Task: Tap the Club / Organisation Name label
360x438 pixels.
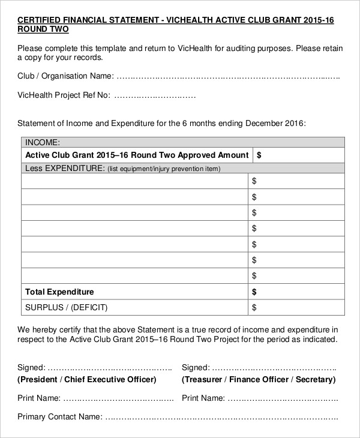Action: tap(65, 76)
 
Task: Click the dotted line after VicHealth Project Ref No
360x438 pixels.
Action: tap(155, 95)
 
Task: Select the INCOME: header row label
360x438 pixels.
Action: tap(43, 142)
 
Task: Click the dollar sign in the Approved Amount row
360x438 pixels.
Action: tap(259, 155)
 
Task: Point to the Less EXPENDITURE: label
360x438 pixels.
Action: tap(65, 169)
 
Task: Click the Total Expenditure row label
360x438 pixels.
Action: tap(59, 292)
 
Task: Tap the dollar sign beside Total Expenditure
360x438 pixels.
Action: tap(254, 292)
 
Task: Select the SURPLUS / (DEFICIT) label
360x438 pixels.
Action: tap(65, 307)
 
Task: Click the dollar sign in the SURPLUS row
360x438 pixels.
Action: tap(254, 308)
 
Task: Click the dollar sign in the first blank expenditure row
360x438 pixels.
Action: tap(254, 181)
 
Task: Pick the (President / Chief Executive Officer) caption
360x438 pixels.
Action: tap(87, 379)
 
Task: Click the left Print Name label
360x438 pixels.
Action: tap(39, 398)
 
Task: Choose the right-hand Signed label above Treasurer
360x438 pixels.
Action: tap(195, 367)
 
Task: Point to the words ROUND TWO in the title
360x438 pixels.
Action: tap(43, 29)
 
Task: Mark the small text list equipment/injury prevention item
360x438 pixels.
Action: tap(164, 169)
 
